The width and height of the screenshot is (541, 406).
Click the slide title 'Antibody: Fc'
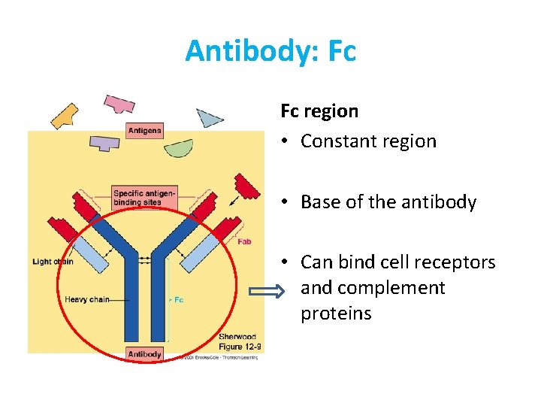click(x=270, y=51)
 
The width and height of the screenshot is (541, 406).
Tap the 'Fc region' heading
click(x=319, y=111)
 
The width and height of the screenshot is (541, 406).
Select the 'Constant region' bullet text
click(x=368, y=141)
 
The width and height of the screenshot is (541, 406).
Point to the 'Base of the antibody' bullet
click(x=388, y=202)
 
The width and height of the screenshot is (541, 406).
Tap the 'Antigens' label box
click(x=144, y=131)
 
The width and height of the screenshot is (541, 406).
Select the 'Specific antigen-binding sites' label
click(x=144, y=198)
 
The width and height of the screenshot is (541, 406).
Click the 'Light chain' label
click(x=53, y=262)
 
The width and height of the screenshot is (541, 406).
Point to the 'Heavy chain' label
click(x=87, y=299)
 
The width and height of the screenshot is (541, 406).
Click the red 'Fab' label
click(x=244, y=242)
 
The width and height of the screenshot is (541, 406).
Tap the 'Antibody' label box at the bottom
click(x=144, y=354)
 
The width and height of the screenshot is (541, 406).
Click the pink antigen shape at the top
click(x=119, y=103)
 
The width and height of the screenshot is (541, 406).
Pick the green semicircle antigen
click(x=179, y=148)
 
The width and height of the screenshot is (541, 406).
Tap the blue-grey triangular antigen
click(x=209, y=117)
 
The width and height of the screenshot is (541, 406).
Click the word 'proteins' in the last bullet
click(x=336, y=314)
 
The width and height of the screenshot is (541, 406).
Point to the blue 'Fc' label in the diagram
click(x=178, y=299)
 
